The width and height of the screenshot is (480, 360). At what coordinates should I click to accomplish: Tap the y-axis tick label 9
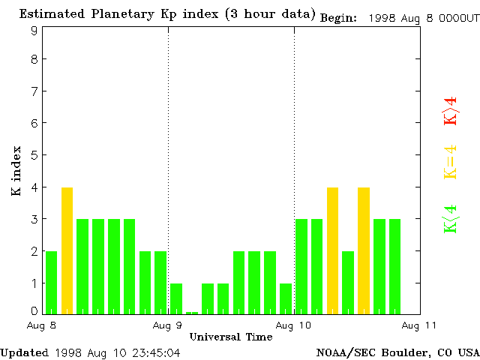coord(34,31)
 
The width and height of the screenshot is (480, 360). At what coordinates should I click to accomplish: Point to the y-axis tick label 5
coord(34,155)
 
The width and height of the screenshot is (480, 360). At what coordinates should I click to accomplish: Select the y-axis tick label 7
coord(34,91)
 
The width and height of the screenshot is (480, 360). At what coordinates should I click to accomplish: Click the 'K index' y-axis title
coord(16,171)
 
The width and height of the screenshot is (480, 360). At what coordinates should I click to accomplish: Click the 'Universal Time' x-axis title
coord(231,337)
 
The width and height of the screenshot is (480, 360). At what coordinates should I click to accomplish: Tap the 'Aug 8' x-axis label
coord(43,325)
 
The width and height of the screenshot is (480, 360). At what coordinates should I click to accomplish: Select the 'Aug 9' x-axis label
coord(168,325)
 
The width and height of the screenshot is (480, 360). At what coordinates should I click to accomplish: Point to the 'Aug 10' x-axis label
coord(294,325)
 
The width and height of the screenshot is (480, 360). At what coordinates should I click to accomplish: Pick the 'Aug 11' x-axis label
coord(420,325)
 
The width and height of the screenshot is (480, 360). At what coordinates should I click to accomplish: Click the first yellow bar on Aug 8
coord(67,250)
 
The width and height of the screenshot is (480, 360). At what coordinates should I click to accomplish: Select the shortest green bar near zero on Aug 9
coord(192,312)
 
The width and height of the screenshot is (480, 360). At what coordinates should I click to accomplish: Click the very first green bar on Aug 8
coord(51,282)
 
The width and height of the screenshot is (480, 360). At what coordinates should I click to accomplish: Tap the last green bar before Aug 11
coord(394,265)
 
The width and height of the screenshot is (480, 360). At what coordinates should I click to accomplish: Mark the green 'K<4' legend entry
coord(451,218)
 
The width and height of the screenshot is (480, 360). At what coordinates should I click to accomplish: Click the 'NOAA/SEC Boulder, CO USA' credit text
coord(397,352)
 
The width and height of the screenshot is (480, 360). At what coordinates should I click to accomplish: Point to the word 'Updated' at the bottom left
coord(25,352)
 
